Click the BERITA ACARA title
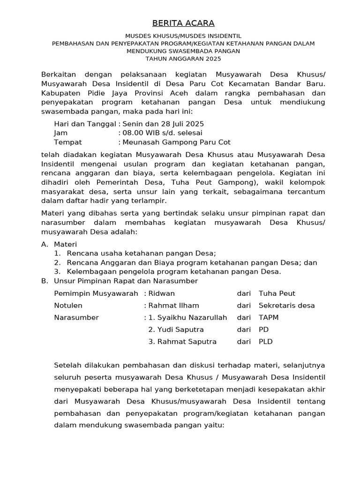click(183, 23)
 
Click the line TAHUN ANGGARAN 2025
click(183, 59)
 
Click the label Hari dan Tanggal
click(85, 124)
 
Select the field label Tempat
click(68, 142)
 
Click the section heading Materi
click(65, 244)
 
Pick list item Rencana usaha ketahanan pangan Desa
click(141, 253)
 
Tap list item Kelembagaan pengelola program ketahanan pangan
click(174, 271)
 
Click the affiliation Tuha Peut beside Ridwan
click(277, 293)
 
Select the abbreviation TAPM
click(268, 317)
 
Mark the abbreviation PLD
click(265, 342)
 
